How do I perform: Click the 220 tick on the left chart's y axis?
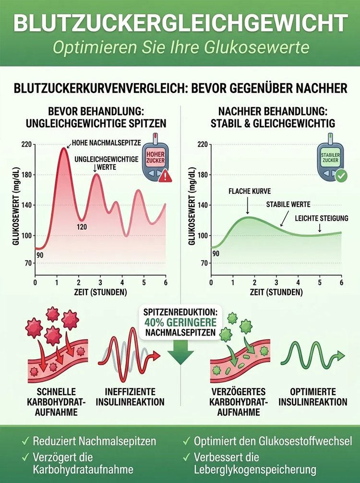[26, 144]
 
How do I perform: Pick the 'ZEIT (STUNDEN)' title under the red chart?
[101, 292]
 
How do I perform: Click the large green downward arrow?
[180, 355]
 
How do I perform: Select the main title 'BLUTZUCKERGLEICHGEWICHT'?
[180, 23]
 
